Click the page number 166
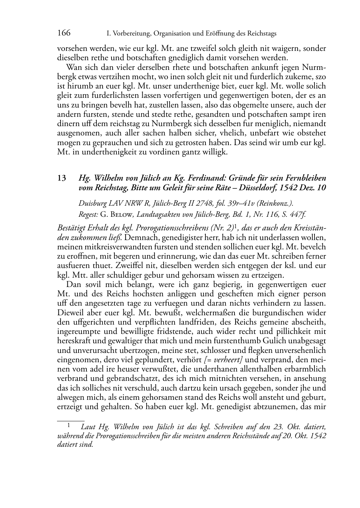pyautogui.click(x=64, y=33)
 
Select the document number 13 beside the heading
pyautogui.click(x=61, y=178)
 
